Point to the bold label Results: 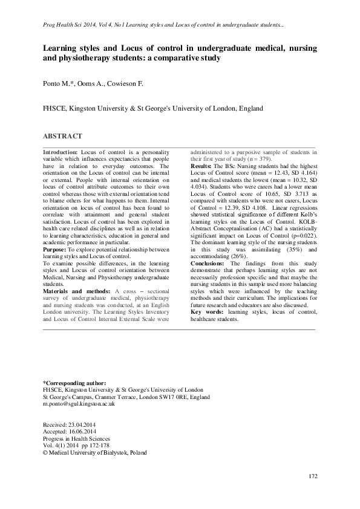click(x=201, y=166)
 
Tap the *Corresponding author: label click(x=74, y=383)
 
